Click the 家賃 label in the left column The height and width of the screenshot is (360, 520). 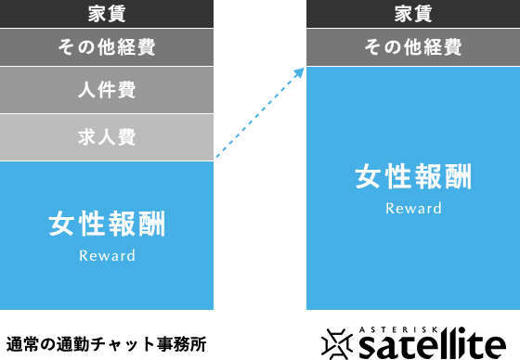(107, 13)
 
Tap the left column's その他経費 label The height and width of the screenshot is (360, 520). (107, 48)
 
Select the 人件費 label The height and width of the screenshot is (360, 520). (107, 90)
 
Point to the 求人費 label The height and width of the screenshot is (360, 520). (107, 137)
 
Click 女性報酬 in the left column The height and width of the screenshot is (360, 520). (107, 224)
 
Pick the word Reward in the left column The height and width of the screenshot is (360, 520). (107, 255)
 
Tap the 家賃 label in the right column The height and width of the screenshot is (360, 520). (413, 13)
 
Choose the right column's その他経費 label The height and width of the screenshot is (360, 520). (413, 48)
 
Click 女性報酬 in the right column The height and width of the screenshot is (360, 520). (413, 176)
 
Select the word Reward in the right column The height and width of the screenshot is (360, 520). (413, 208)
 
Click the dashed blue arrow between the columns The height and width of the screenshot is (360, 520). (260, 113)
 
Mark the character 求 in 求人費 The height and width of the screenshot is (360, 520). (87, 137)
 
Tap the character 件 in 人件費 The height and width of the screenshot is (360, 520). (107, 90)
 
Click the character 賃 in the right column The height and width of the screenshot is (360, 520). (423, 13)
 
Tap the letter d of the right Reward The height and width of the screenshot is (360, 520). (437, 208)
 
